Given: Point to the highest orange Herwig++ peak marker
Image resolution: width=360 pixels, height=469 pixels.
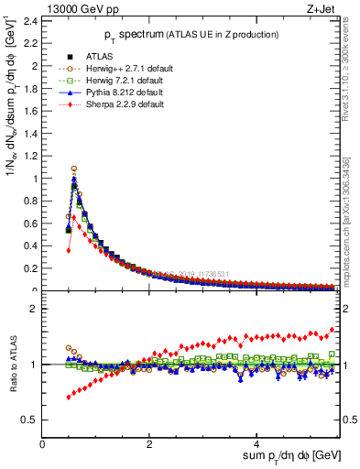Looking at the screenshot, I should [74, 169].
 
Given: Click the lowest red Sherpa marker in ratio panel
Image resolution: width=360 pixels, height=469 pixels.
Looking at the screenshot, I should [69, 397].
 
